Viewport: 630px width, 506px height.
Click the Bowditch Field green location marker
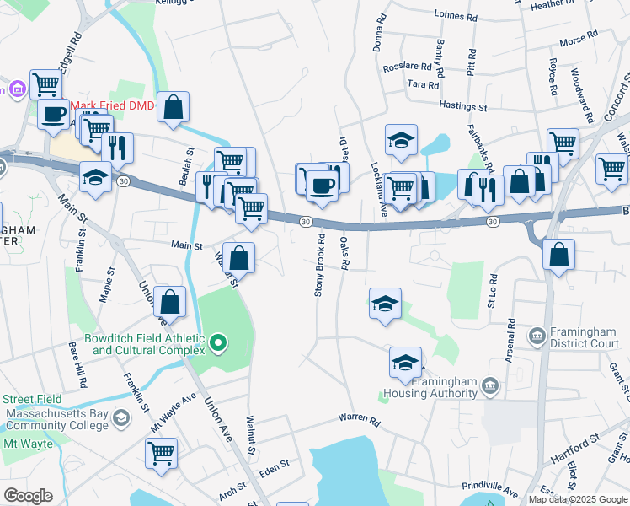218,342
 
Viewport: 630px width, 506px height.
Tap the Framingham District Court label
585,337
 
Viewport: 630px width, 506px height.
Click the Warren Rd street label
360,418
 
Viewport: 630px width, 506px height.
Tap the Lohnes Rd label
456,14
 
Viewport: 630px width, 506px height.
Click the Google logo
28,496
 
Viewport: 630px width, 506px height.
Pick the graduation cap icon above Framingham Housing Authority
405,362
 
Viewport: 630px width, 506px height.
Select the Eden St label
275,465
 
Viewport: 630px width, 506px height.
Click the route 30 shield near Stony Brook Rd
306,221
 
